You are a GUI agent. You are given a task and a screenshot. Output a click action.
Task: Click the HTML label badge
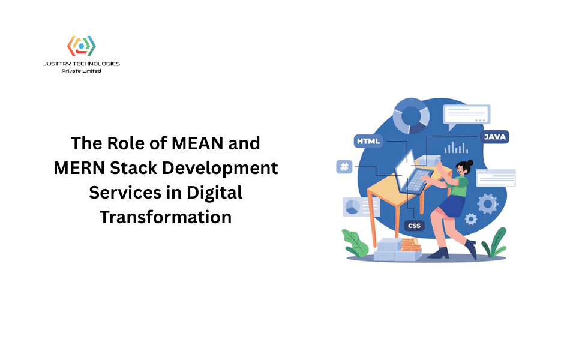pos(368,142)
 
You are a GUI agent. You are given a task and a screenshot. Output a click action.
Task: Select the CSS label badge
pos(414,226)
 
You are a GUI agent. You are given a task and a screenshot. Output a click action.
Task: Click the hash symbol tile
pos(344,166)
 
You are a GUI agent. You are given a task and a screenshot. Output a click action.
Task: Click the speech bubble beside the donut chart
pos(466,115)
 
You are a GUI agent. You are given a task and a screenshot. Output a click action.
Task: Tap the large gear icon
pos(487,203)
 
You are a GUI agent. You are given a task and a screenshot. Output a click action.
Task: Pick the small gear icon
pos(471,219)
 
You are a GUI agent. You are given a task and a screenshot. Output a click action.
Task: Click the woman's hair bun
pos(470,163)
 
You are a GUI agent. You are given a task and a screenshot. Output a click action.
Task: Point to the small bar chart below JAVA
pos(457,148)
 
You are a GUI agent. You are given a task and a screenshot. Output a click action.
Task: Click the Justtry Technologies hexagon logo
pos(81,47)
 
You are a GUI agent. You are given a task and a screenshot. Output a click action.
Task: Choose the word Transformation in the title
pos(166,217)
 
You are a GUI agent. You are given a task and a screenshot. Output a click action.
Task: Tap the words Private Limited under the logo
pos(81,71)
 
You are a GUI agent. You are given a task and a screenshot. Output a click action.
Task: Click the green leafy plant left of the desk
pos(355,243)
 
